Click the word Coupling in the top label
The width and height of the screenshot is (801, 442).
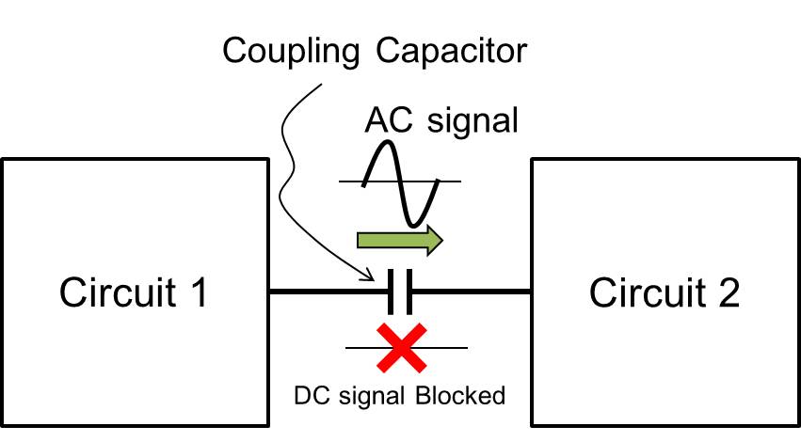(286, 52)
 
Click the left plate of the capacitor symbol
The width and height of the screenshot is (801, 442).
(391, 293)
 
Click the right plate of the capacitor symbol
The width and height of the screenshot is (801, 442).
(409, 293)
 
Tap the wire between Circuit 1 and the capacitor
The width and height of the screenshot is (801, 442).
(329, 293)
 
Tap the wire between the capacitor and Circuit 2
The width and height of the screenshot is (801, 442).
(471, 293)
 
